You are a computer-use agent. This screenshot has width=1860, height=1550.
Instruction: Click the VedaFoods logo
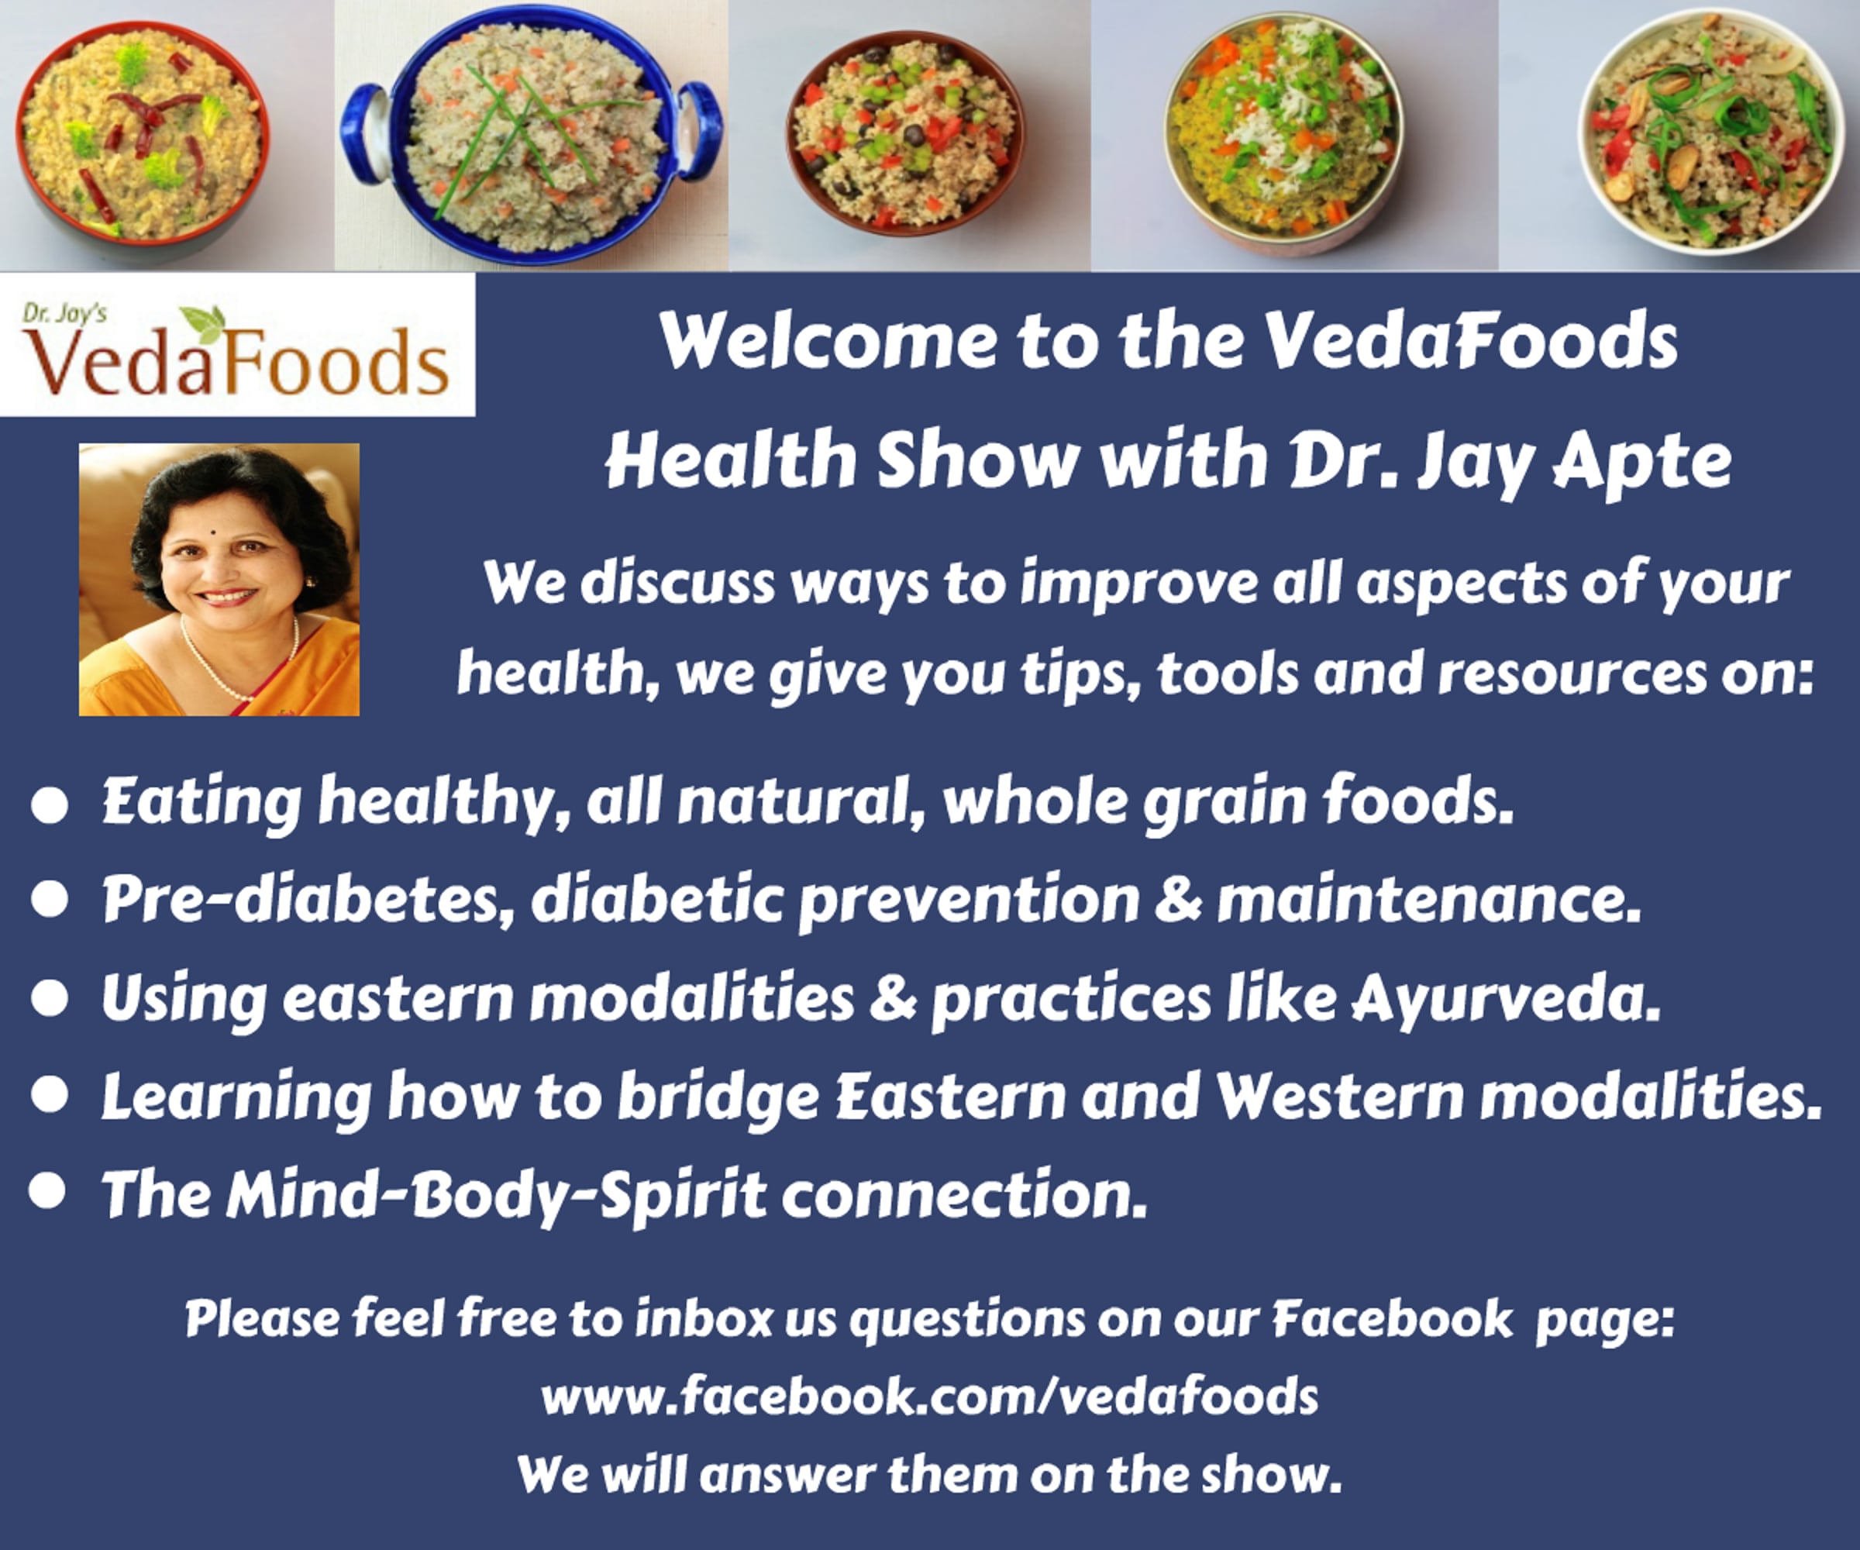pos(237,345)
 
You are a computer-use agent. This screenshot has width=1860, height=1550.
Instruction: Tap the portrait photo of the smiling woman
pos(219,579)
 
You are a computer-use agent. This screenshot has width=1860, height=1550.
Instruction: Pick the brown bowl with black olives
pos(905,133)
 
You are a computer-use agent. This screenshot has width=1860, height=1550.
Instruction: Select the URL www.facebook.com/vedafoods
pos(930,1396)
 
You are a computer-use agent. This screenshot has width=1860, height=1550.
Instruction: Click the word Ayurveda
pos(1505,999)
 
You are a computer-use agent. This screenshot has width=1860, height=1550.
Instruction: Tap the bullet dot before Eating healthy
pos(50,806)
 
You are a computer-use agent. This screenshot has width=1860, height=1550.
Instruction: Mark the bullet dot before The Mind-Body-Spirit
pos(48,1191)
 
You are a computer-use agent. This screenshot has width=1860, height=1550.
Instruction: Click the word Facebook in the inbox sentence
pos(1393,1318)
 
